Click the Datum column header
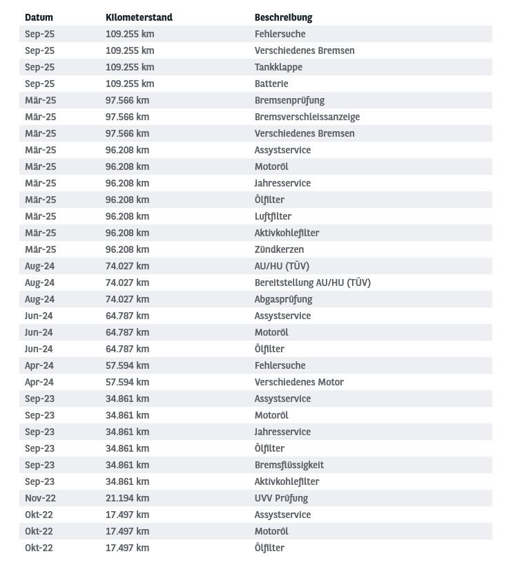[39, 17]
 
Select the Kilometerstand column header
[139, 17]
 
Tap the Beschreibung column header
[283, 17]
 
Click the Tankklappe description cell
[278, 67]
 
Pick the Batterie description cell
[271, 84]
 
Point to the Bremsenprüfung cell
[289, 100]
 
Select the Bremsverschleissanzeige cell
[307, 117]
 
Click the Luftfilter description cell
[273, 216]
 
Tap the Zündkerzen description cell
[279, 249]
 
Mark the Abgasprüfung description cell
[283, 299]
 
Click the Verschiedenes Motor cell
[299, 382]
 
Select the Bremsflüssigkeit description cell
[289, 465]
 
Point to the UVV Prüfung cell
[281, 498]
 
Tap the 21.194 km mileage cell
[127, 498]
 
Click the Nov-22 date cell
[39, 498]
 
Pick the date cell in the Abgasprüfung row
[39, 299]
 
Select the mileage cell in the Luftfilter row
[127, 216]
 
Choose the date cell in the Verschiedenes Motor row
[39, 382]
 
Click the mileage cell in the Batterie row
[130, 84]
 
